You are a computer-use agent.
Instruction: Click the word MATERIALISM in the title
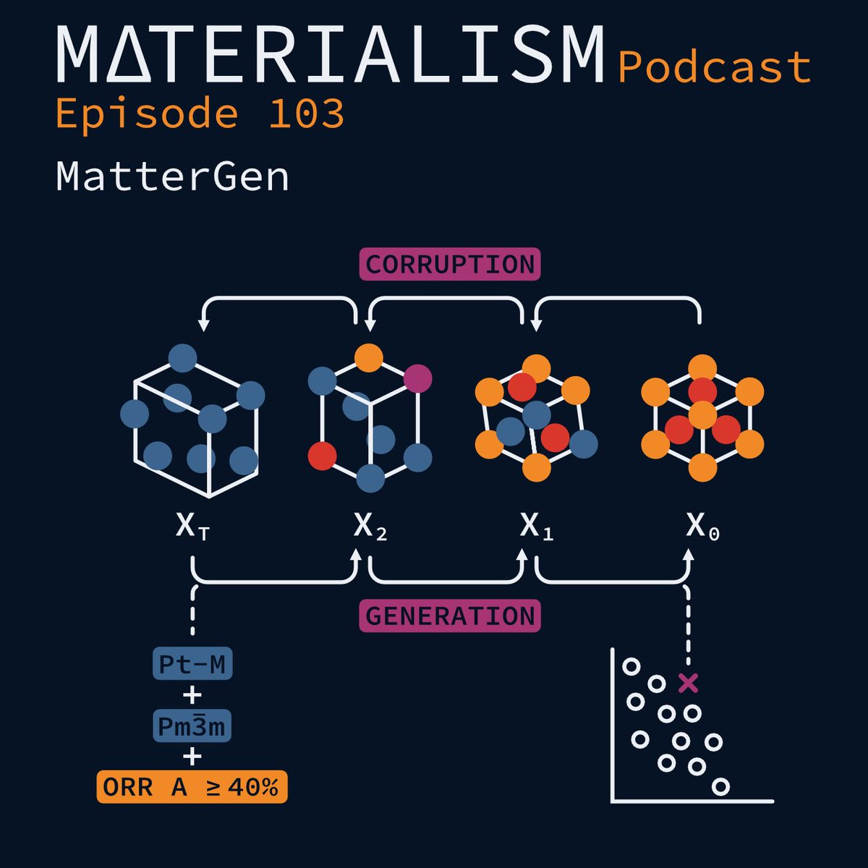tap(330, 55)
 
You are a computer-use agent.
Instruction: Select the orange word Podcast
tap(715, 67)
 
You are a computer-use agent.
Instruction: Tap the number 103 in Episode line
tap(306, 114)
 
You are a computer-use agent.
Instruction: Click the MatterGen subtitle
tap(172, 176)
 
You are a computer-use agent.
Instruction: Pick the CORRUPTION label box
tap(450, 265)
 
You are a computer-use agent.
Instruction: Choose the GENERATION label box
tap(450, 616)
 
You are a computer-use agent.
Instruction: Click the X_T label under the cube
tap(192, 527)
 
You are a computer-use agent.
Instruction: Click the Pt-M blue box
tap(192, 664)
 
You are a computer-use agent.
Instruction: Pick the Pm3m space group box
tap(192, 726)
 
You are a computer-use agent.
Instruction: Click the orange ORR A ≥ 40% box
tap(192, 788)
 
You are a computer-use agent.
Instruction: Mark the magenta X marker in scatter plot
tap(688, 682)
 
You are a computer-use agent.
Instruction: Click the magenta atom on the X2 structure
tap(417, 378)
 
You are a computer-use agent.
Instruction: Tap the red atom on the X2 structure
tap(322, 456)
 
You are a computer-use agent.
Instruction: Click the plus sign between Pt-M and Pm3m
tap(192, 696)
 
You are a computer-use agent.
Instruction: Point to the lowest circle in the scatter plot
tap(720, 786)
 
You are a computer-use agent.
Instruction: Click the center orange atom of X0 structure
tap(702, 415)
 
